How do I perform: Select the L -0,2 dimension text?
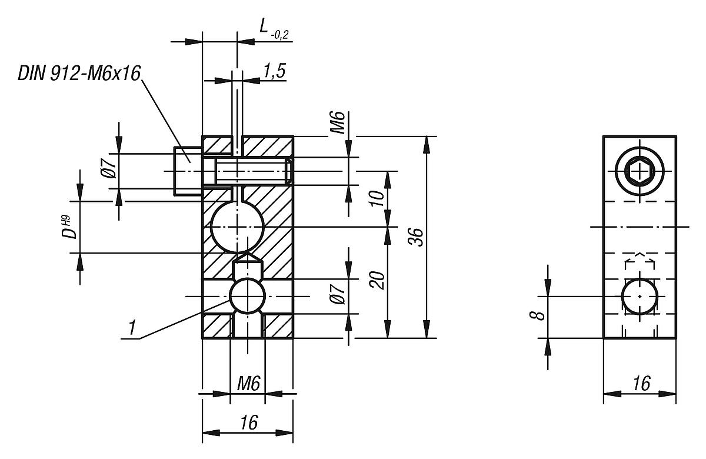[x=274, y=28]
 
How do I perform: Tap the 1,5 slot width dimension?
[x=274, y=71]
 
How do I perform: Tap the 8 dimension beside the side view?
[x=537, y=316]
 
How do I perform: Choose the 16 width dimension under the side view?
[x=641, y=384]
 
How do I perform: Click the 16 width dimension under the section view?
[x=249, y=422]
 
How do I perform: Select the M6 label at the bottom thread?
[x=248, y=384]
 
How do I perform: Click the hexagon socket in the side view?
[x=640, y=172]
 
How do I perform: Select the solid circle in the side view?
[x=640, y=297]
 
